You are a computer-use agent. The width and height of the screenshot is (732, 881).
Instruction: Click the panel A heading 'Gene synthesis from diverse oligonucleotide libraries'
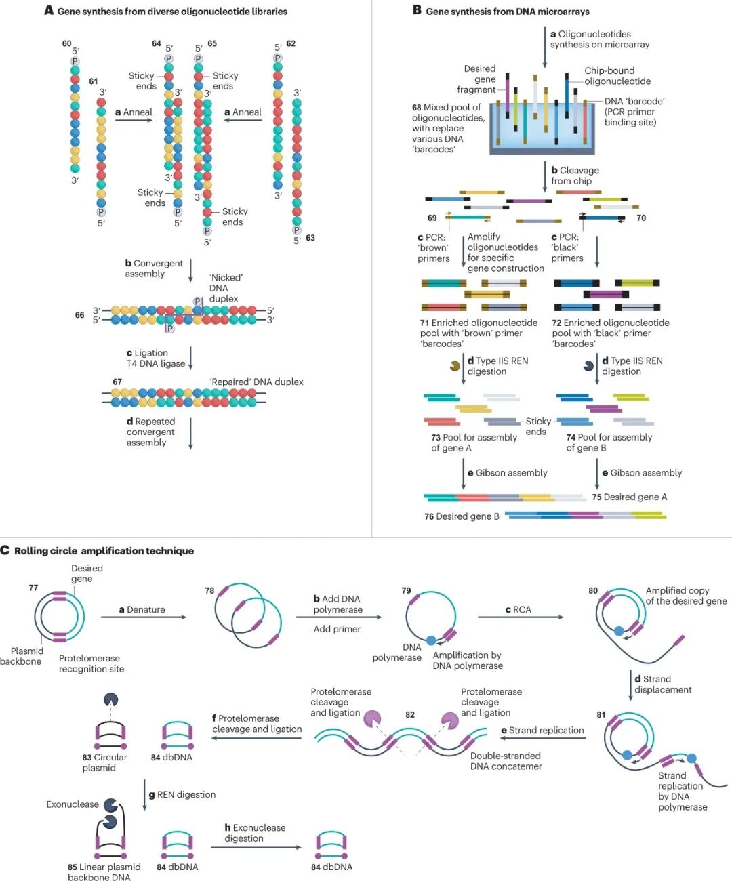tap(172, 12)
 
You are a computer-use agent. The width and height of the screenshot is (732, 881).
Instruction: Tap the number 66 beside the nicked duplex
tap(80, 315)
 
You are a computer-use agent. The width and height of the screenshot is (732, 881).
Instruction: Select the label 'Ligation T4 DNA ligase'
tap(155, 358)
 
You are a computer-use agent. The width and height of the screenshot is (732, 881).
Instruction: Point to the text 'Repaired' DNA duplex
tap(256, 382)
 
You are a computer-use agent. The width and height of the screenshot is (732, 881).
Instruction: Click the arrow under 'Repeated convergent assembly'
tap(190, 434)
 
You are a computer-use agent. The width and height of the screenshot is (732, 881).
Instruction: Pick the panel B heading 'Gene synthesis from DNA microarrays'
tap(507, 12)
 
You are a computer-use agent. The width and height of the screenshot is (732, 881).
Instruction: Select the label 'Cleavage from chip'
tap(575, 176)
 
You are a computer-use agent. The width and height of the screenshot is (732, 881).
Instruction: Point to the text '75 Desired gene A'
tap(630, 497)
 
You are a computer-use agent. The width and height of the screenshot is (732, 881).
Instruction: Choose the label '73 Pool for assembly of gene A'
tap(474, 443)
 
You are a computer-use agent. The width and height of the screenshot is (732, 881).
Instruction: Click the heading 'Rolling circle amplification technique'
tap(104, 551)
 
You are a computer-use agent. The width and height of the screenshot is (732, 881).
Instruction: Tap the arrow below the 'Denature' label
tap(143, 617)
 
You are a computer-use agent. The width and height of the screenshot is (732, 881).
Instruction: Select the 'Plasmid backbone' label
tap(21, 656)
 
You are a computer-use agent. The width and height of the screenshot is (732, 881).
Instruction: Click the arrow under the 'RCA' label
tap(521, 617)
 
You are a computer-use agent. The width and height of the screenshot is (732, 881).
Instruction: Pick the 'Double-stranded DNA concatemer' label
tap(506, 761)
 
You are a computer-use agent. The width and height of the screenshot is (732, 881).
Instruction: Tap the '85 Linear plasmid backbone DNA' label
tap(104, 872)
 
